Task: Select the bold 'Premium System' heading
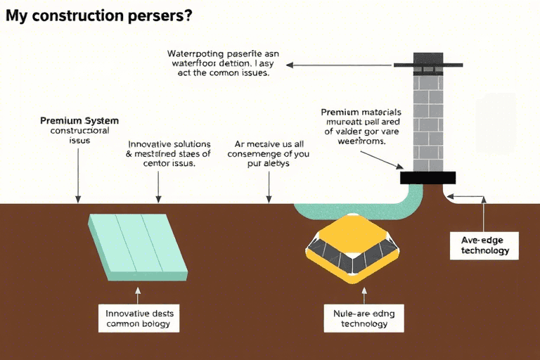point(79,120)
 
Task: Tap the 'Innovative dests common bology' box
point(138,319)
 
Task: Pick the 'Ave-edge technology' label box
point(484,245)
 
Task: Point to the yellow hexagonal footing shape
point(354,248)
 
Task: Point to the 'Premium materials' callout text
point(361,126)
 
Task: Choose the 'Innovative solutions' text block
point(160,153)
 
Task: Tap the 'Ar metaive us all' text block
point(269,153)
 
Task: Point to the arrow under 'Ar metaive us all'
point(269,185)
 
